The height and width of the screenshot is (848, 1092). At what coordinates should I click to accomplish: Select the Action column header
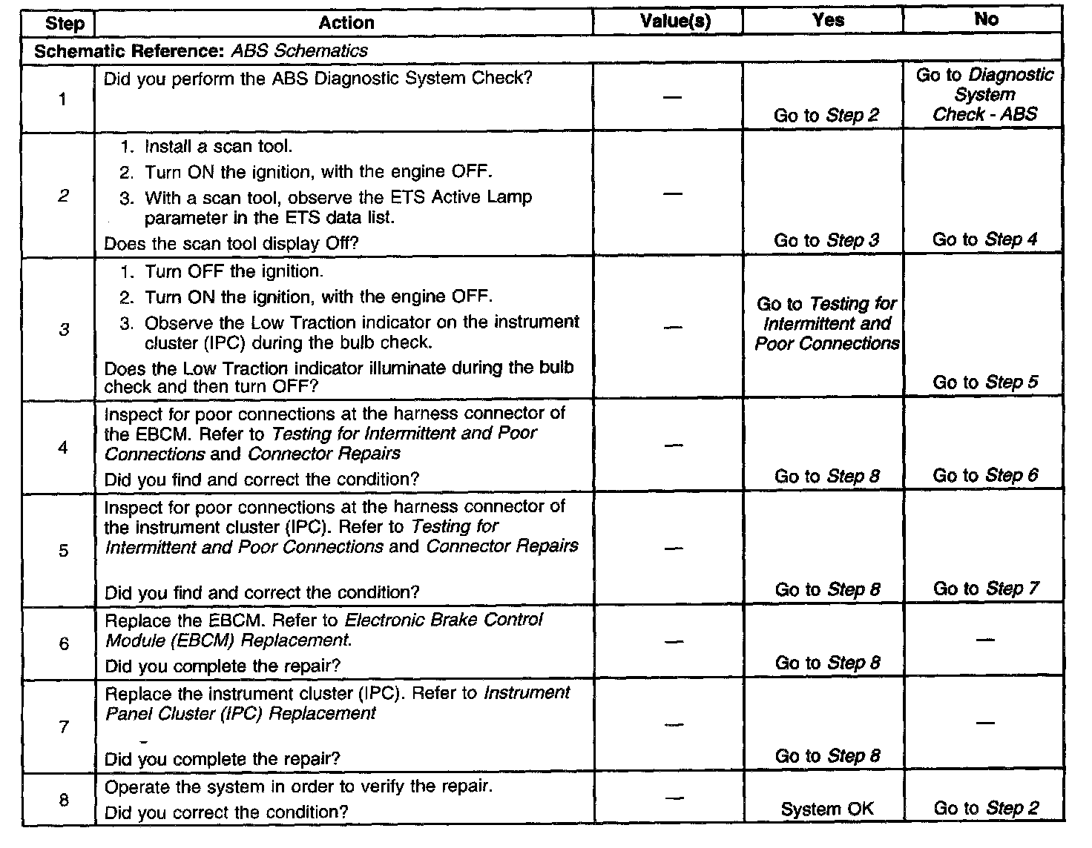[346, 23]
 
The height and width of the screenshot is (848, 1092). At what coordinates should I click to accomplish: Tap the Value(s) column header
[674, 21]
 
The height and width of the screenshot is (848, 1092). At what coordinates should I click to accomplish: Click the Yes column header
[827, 20]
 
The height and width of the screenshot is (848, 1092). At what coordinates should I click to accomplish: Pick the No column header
[985, 19]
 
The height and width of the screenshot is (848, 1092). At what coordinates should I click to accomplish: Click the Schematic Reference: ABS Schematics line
[201, 50]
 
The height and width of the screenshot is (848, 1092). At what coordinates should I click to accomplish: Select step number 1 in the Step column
[62, 99]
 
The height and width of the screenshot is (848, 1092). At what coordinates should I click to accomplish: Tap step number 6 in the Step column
[64, 643]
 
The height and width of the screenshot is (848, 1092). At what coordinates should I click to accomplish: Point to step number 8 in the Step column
[64, 800]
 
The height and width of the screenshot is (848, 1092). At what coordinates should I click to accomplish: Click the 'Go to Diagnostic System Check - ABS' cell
[984, 94]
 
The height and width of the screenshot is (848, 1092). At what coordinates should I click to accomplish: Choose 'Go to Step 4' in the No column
[984, 239]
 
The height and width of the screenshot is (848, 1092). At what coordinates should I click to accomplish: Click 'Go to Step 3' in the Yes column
[826, 240]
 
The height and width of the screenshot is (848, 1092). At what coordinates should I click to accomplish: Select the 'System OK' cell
[826, 809]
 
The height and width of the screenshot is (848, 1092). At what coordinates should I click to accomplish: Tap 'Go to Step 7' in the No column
[985, 589]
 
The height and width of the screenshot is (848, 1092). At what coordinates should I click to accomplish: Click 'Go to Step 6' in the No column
[985, 475]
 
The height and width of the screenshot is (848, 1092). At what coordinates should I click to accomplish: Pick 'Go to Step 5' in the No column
[985, 382]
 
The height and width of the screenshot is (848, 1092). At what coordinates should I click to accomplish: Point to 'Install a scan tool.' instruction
[218, 146]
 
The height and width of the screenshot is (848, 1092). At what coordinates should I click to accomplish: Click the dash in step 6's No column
[984, 638]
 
